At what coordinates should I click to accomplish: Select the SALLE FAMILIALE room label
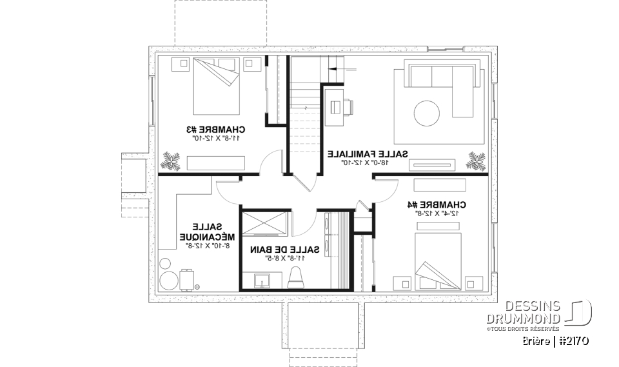pyautogui.click(x=368, y=154)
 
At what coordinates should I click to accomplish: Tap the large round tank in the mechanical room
pyautogui.click(x=169, y=281)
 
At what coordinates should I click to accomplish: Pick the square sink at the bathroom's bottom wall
pyautogui.click(x=262, y=281)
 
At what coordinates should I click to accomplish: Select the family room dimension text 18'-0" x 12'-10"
pyautogui.click(x=368, y=163)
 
